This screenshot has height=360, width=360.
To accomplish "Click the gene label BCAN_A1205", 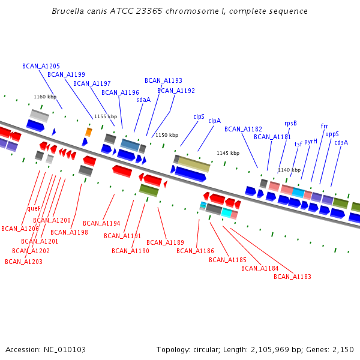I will tap(41, 66).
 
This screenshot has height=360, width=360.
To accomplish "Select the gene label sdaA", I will tap(143, 100).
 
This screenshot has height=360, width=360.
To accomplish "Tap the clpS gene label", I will tap(199, 116).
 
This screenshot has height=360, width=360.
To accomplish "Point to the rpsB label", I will tap(290, 124).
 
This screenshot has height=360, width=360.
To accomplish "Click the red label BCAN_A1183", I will tap(292, 277).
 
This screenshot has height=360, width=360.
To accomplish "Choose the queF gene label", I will tap(34, 209).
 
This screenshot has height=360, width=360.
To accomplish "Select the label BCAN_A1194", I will tap(101, 223).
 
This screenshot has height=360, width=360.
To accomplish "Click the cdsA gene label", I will tap(341, 142).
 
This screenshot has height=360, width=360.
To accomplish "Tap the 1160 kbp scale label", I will tap(45, 97).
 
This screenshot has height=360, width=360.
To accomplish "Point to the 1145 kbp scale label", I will tap(228, 153).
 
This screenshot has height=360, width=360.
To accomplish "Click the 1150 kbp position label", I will tap(167, 135).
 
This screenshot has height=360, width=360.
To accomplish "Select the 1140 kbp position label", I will tap(289, 170).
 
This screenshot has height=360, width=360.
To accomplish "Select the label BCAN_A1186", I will tap(195, 251).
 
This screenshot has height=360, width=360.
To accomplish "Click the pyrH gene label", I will tap(311, 142).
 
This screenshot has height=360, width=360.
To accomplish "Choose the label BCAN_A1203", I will tap(23, 262).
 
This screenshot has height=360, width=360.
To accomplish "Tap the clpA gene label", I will tap(214, 121).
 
